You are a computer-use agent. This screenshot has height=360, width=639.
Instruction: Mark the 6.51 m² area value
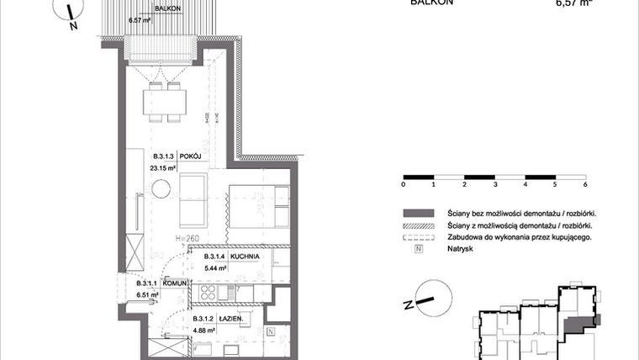point(148,295)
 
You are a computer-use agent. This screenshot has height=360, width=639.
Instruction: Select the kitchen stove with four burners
point(207,294)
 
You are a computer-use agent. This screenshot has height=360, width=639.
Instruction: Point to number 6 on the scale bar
point(584,183)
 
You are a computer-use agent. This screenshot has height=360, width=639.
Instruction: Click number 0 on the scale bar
point(404,183)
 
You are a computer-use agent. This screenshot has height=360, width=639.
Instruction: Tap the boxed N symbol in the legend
point(419,250)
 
